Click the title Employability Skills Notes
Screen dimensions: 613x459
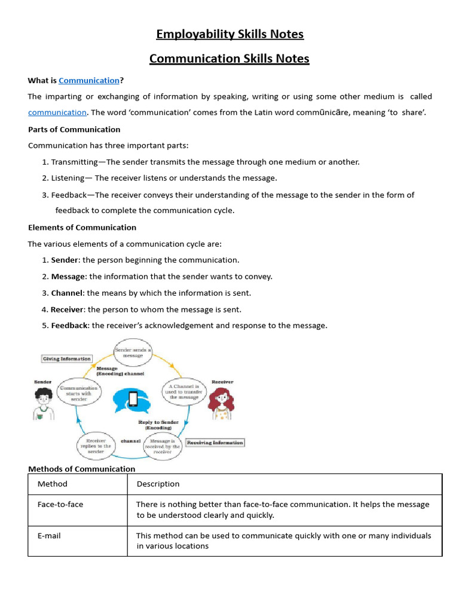point(229,34)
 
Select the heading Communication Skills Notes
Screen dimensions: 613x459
point(229,58)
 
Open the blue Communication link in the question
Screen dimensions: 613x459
point(89,80)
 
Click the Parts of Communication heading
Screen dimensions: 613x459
point(74,129)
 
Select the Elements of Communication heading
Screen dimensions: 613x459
point(82,227)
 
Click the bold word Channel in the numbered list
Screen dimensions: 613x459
point(66,293)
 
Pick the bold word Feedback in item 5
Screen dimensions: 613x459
point(70,326)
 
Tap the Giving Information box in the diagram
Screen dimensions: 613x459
point(66,359)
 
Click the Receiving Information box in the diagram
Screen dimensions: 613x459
point(215,442)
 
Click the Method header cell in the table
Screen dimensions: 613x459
point(53,484)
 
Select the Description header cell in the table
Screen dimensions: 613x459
point(158,484)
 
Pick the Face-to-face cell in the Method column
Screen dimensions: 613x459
point(60,504)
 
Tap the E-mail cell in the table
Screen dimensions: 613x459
point(49,536)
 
